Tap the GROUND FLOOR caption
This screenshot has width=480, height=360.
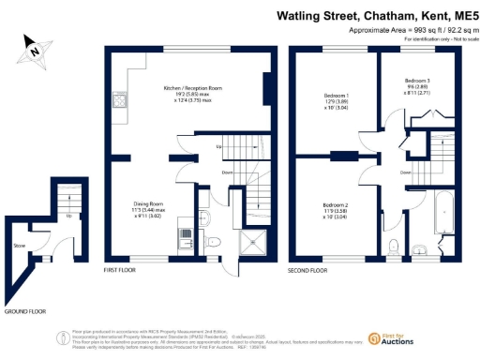[x=25, y=310]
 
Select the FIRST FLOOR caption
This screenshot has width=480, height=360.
[x=122, y=272]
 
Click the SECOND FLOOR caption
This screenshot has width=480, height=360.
[x=307, y=272]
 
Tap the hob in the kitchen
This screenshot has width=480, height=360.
[x=120, y=99]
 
